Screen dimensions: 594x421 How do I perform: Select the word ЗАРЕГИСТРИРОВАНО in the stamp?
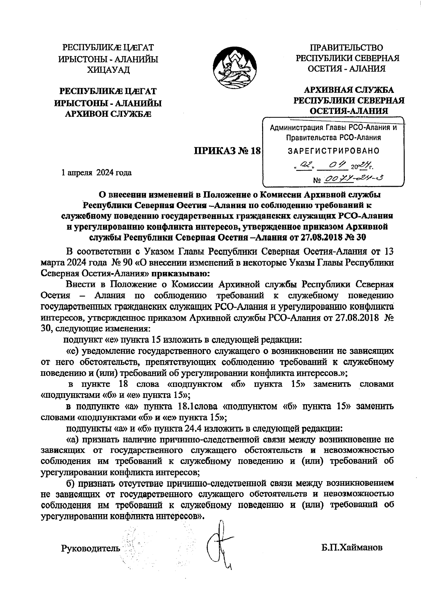pos(334,151)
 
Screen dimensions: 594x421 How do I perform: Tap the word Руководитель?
pos(91,548)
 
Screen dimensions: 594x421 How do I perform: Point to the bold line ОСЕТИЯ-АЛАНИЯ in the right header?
pos(348,111)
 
